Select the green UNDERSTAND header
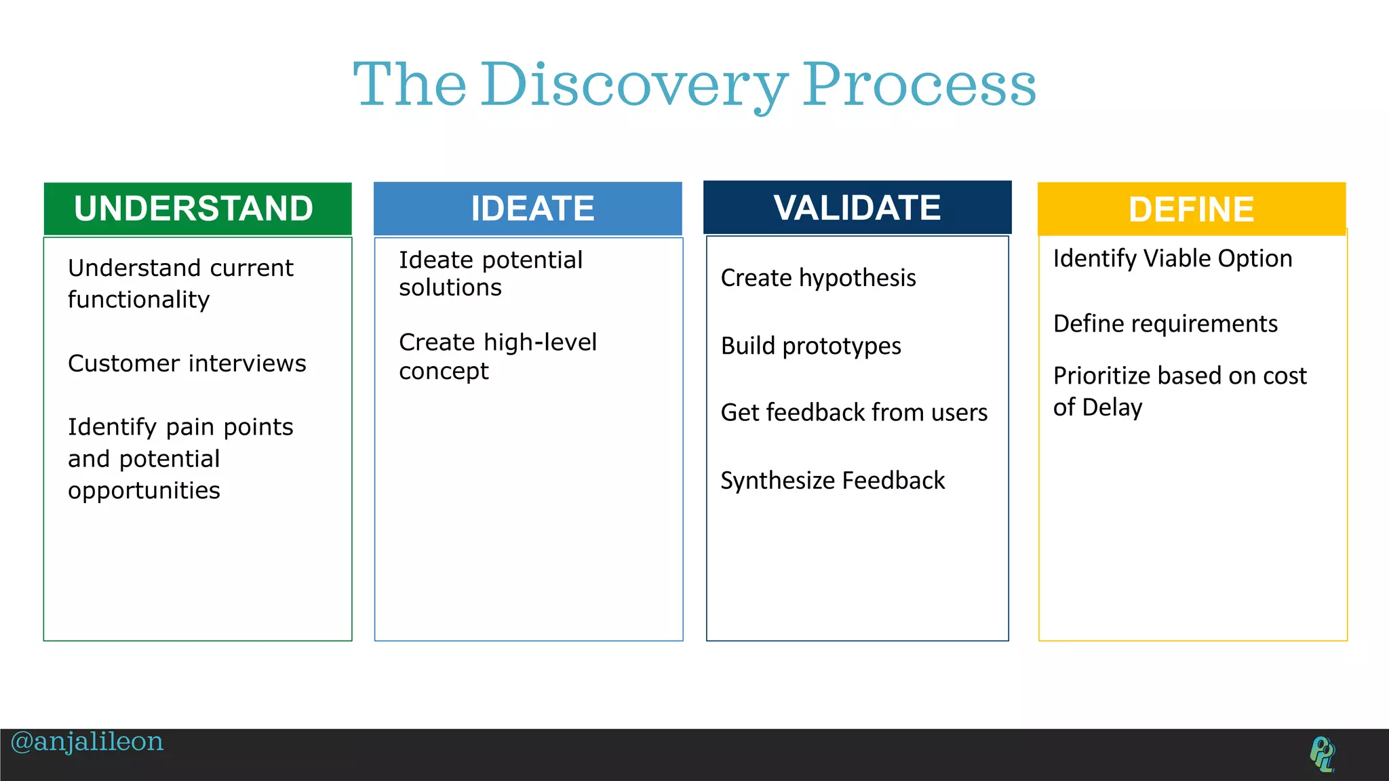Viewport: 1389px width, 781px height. click(197, 209)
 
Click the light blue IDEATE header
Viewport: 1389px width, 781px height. click(528, 209)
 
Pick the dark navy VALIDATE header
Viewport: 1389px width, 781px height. click(857, 207)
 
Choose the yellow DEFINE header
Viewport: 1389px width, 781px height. click(1192, 209)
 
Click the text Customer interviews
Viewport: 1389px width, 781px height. click(187, 364)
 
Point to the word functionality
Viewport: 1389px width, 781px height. click(139, 300)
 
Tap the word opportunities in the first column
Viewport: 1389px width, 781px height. click(144, 491)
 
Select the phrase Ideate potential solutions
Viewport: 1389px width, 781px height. click(490, 274)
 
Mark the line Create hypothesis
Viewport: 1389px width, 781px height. click(818, 278)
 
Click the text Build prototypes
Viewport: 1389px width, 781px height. click(810, 346)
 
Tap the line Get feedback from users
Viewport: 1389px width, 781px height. click(854, 413)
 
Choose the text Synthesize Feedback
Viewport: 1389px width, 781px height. click(832, 481)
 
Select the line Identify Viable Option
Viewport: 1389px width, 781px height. click(1173, 259)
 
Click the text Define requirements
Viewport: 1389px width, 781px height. click(1165, 324)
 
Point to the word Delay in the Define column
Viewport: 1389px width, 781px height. click(1112, 407)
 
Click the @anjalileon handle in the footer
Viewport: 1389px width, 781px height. click(87, 742)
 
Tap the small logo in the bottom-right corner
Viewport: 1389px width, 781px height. click(1322, 754)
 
